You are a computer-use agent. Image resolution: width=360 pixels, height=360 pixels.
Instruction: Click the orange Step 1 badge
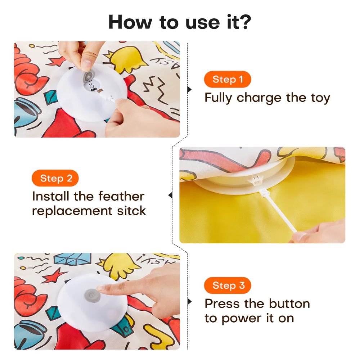click(x=227, y=79)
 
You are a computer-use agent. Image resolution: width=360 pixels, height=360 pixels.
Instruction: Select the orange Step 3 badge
click(x=227, y=285)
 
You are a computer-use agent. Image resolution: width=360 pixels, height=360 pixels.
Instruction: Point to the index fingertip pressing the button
click(x=102, y=288)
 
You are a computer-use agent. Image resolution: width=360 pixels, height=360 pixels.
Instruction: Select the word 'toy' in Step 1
click(x=320, y=98)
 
